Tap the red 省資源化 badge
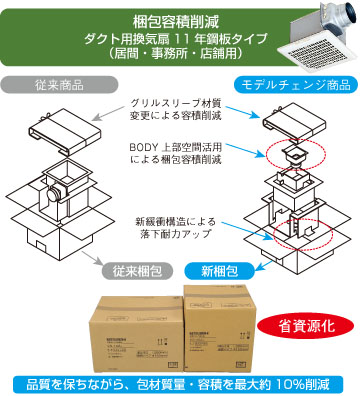pyautogui.click(x=300, y=326)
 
